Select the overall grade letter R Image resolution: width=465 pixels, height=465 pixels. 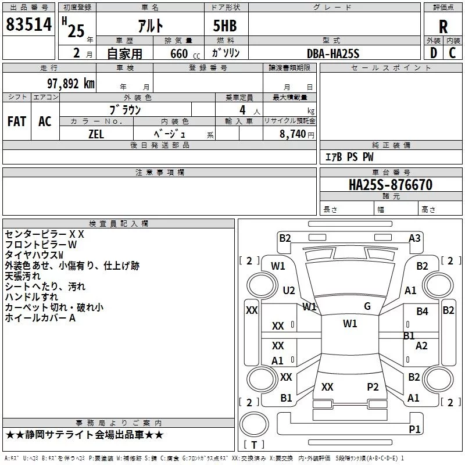[443, 27]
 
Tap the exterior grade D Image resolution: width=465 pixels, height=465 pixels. [433, 52]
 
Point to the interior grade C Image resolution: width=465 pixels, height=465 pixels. [452, 52]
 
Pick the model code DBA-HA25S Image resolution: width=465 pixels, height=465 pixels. [333, 53]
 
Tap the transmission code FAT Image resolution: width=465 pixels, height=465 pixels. [17, 121]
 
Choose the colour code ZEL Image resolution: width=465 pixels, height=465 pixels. [96, 133]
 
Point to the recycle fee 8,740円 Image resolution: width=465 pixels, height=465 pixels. [296, 133]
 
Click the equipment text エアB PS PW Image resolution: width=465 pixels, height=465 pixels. [349, 157]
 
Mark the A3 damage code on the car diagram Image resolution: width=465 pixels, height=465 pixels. [414, 238]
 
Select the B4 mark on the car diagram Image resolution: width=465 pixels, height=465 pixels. [422, 312]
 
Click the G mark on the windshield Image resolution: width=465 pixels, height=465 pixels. [367, 306]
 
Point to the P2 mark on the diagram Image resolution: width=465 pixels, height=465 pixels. [373, 387]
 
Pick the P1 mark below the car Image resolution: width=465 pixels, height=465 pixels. [414, 429]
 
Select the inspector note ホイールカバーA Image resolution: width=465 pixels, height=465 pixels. [41, 318]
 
